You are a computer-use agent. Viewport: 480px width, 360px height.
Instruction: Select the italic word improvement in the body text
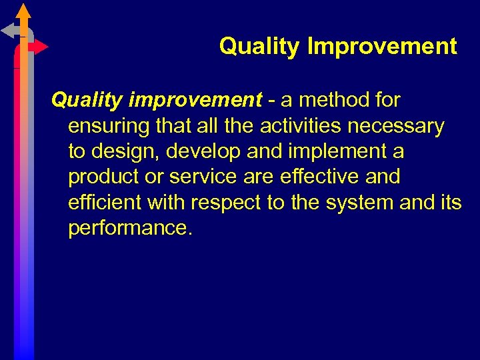click(x=195, y=101)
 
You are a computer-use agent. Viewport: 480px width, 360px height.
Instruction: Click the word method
click(x=339, y=101)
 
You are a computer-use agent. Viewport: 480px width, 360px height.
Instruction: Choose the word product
click(x=104, y=177)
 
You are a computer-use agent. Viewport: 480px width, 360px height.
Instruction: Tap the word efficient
click(x=105, y=202)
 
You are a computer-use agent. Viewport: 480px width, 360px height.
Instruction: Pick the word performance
click(x=130, y=227)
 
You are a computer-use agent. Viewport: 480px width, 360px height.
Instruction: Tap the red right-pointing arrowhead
click(x=41, y=47)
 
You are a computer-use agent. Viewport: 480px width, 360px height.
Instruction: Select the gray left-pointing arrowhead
click(x=8, y=30)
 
